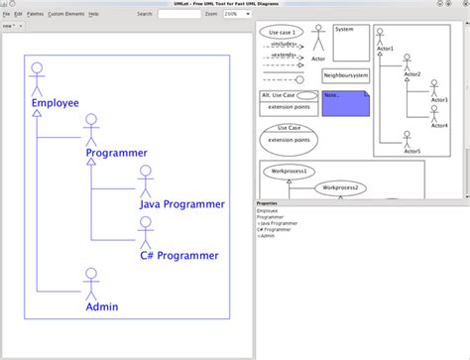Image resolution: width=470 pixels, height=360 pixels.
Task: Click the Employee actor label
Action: click(x=55, y=102)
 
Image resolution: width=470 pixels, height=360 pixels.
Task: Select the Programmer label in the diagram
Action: click(x=116, y=153)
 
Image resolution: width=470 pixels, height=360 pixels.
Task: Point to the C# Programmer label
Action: click(x=179, y=255)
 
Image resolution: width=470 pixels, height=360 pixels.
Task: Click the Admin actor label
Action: click(x=102, y=306)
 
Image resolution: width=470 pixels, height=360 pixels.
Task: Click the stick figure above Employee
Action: click(x=37, y=77)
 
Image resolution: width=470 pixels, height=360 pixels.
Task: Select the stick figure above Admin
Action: click(x=91, y=282)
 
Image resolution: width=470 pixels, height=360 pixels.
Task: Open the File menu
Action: click(x=6, y=14)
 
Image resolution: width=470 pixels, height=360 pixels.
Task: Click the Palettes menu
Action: click(x=35, y=14)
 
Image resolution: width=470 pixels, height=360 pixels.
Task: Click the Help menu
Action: click(x=93, y=14)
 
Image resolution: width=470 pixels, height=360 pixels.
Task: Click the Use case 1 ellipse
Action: click(x=281, y=32)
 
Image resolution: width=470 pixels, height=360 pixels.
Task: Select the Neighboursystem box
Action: click(x=346, y=75)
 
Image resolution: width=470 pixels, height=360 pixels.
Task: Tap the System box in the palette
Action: click(x=349, y=42)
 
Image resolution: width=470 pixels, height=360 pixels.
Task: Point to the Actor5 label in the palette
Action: click(x=412, y=151)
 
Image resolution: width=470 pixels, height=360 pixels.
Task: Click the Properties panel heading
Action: click(x=267, y=202)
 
